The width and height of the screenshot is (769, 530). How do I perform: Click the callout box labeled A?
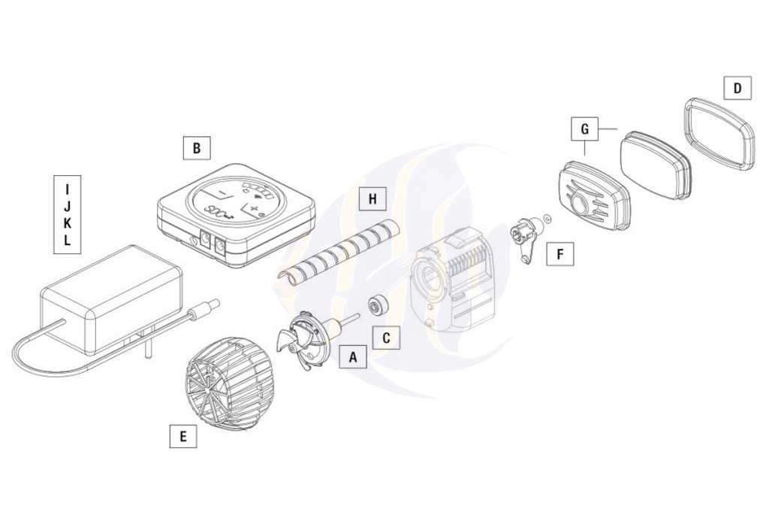click(x=353, y=357)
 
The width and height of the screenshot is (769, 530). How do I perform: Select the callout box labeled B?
click(x=197, y=147)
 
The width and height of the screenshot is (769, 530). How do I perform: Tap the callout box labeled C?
click(x=386, y=338)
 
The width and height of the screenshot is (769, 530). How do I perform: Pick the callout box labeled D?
click(x=737, y=89)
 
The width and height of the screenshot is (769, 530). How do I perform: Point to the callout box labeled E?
click(x=183, y=436)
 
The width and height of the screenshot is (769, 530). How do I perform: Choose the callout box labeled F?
click(x=560, y=253)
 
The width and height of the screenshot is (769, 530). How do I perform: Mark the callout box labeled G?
click(x=584, y=129)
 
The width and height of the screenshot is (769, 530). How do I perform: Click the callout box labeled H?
click(x=372, y=198)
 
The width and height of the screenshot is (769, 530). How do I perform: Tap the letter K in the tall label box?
click(x=68, y=223)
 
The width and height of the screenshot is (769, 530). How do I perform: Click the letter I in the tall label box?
click(x=68, y=189)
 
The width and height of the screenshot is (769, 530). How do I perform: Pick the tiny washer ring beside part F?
click(x=547, y=217)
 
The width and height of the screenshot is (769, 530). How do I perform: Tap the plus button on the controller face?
click(x=254, y=212)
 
